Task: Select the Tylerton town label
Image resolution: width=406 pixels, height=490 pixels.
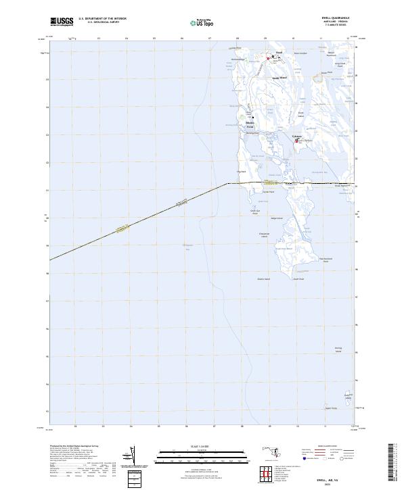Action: [296, 135]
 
